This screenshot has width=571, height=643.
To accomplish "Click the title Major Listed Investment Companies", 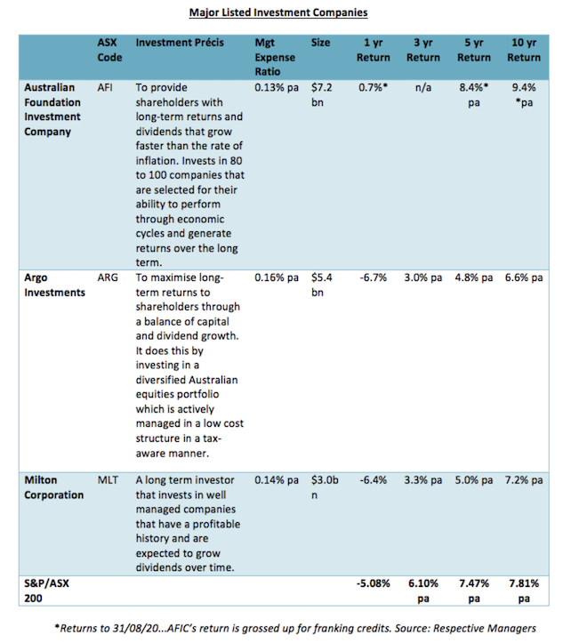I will (278, 12).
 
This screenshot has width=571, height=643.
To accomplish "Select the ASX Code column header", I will (109, 50).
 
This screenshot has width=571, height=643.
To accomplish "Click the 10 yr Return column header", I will (524, 50).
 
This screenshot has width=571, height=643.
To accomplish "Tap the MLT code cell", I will (108, 480).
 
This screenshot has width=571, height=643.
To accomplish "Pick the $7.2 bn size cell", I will (322, 96).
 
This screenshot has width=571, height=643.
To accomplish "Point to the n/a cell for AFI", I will (423, 89).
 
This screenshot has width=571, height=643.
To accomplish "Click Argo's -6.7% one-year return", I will (374, 277).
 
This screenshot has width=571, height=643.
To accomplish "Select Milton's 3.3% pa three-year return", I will (423, 480).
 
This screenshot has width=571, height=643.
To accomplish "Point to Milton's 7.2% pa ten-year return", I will (523, 480).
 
